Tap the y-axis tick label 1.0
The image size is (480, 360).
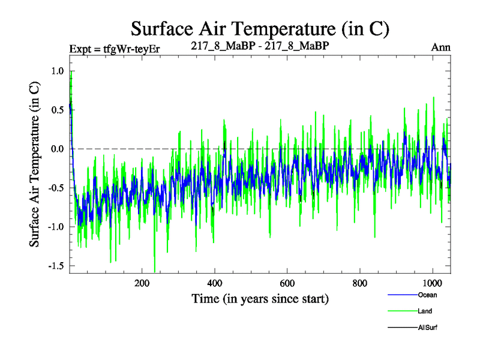coord(56,71)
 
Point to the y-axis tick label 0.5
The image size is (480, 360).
coord(56,110)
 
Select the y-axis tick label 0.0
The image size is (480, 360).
coord(56,149)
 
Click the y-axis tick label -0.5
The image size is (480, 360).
coord(54,188)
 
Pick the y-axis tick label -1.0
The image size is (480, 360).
coord(54,227)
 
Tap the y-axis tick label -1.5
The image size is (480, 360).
coord(54,266)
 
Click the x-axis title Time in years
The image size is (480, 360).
coord(260,298)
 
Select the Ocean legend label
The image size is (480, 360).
coord(427,295)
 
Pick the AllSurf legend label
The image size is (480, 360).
coord(428,328)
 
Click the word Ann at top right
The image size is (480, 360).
coord(441,47)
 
